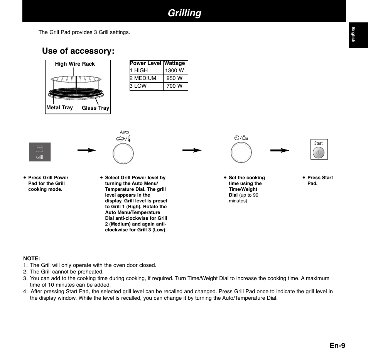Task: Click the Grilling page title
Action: click(184, 13)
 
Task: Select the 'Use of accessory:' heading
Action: click(78, 51)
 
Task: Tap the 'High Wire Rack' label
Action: click(75, 64)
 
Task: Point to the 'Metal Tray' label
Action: click(59, 108)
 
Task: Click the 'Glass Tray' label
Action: click(95, 108)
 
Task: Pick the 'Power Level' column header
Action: click(145, 63)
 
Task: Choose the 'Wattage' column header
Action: click(175, 63)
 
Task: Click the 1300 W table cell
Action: click(174, 71)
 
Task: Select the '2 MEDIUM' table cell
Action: click(143, 78)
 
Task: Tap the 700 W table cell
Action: click(174, 86)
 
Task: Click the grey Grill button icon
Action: click(40, 152)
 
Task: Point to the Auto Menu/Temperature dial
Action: click(123, 154)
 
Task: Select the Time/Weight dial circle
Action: click(241, 153)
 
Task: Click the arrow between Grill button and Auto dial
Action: click(87, 150)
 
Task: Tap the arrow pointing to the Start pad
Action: click(280, 150)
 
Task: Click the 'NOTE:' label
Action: click(32, 258)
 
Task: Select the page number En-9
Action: click(338, 345)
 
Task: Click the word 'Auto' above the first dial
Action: click(124, 132)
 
